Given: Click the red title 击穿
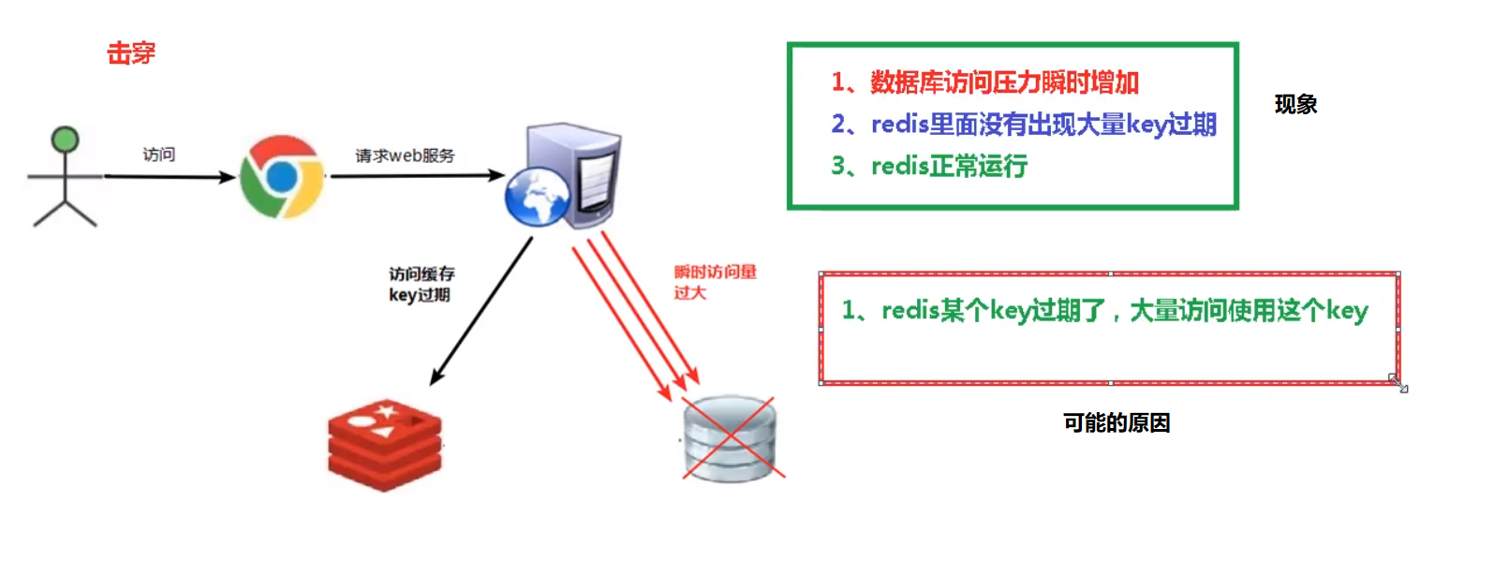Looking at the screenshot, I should (x=131, y=53).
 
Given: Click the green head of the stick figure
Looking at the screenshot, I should (x=65, y=140).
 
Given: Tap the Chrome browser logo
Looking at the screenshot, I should (x=281, y=177).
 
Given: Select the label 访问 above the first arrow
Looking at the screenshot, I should (x=158, y=155).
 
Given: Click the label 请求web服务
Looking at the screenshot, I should (x=405, y=155).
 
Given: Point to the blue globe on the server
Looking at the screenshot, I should (x=537, y=196).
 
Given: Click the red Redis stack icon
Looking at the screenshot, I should (x=384, y=445).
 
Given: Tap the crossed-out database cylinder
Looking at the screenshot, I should (x=731, y=438).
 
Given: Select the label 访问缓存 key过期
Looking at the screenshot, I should (x=421, y=284).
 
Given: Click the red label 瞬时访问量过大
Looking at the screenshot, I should (x=714, y=281).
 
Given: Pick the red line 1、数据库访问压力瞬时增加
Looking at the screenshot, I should (x=985, y=82).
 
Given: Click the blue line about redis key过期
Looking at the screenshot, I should (x=1024, y=124).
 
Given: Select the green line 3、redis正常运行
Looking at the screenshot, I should (x=929, y=166).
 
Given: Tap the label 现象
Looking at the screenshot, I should (x=1295, y=104).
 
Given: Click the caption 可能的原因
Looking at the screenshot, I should (x=1116, y=422).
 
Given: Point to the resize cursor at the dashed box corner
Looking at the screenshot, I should (x=1398, y=383).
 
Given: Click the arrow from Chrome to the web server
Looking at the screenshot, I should (x=417, y=175).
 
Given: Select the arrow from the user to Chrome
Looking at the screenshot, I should (x=169, y=176).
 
